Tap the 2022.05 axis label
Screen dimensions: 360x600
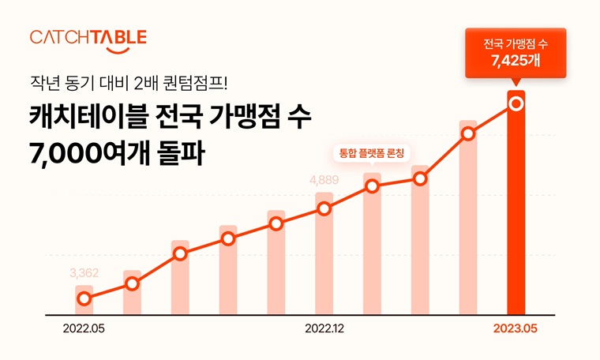pos(84,328)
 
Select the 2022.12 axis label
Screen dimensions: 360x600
pos(324,328)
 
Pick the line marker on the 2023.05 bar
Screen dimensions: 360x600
pos(516,103)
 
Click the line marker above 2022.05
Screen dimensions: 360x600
pos(84,298)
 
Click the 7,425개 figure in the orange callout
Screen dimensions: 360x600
pos(516,61)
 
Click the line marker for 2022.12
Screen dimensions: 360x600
pos(324,209)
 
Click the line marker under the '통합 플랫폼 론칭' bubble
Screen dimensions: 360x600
pos(373,187)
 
